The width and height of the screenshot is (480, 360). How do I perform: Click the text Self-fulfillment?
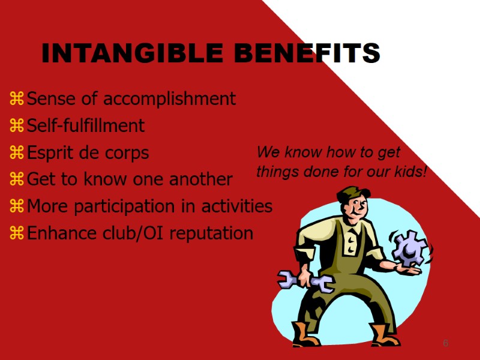pos(86,125)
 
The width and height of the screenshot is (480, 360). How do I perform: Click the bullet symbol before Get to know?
pos(17,179)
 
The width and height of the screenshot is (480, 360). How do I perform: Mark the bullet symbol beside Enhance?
pos(17,233)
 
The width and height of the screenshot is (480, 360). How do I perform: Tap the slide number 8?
pos(446,343)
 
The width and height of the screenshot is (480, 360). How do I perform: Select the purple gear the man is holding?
pos(409,248)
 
